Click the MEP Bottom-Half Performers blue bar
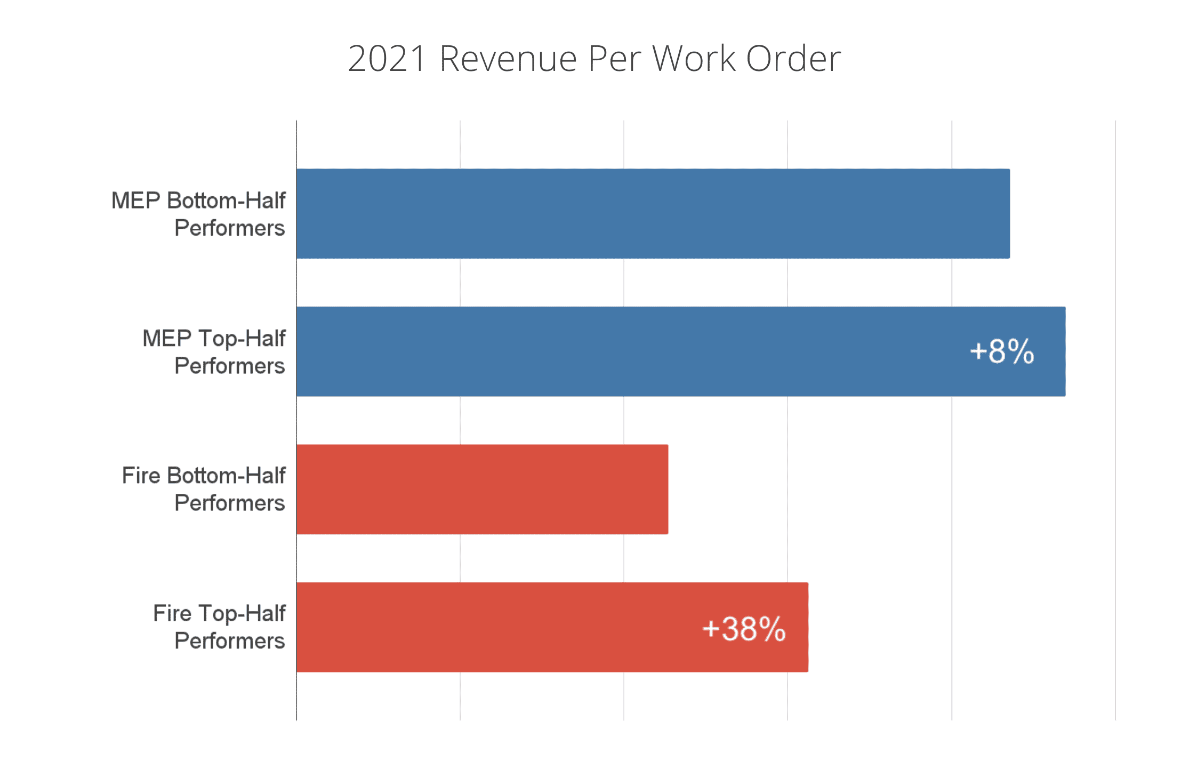[x=653, y=213]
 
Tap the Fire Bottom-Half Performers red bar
[x=482, y=489]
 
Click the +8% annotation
[x=1002, y=351]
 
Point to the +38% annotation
[x=744, y=629]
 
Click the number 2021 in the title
[x=387, y=58]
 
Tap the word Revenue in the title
[x=508, y=58]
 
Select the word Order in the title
[x=793, y=58]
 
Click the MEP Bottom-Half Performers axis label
[x=198, y=214]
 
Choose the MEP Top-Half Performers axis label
[x=214, y=351]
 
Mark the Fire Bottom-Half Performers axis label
[x=204, y=489]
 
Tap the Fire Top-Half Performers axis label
[x=219, y=627]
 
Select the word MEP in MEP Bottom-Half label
[x=135, y=201]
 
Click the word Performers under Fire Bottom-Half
[x=229, y=503]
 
